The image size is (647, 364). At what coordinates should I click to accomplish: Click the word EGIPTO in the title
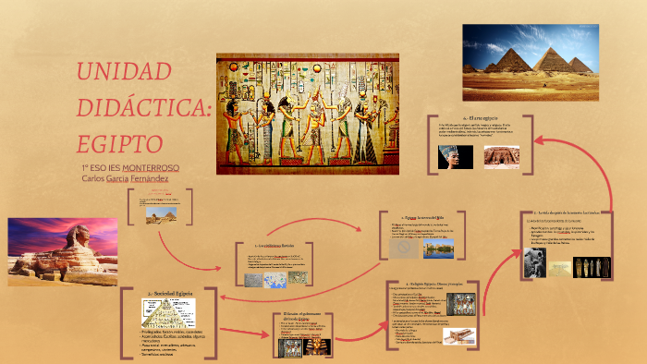pyautogui.click(x=119, y=143)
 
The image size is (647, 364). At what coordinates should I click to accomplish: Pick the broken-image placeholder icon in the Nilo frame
pyautogui.click(x=402, y=249)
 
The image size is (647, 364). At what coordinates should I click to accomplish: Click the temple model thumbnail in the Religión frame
pyautogui.click(x=456, y=337)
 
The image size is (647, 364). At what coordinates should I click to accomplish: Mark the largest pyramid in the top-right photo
pyautogui.click(x=555, y=60)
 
